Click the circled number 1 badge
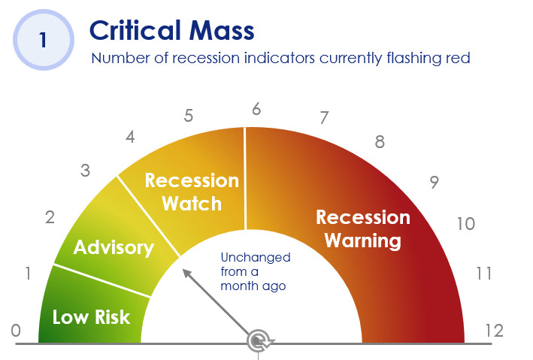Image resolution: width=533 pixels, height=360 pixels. [x=44, y=40]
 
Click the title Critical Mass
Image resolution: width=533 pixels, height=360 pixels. [x=171, y=30]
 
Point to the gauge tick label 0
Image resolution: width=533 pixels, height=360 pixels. [x=16, y=331]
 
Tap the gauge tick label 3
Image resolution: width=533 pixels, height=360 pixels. [x=85, y=171]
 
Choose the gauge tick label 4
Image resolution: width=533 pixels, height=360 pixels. [x=130, y=137]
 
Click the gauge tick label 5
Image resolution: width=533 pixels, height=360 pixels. [x=189, y=116]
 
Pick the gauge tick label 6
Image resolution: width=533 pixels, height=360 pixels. [x=256, y=109]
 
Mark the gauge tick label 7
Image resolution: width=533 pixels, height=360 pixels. [x=324, y=118]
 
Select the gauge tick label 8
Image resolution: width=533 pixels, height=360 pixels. [x=380, y=142]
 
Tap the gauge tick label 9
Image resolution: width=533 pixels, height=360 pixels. [x=434, y=182]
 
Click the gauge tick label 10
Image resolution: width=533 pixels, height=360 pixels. [x=465, y=224]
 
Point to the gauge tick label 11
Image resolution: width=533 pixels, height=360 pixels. [x=483, y=274]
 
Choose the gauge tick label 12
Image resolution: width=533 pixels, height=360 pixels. [x=494, y=331]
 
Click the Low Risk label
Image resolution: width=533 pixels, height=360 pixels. [x=92, y=317]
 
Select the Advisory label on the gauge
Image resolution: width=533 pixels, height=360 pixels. [x=114, y=247]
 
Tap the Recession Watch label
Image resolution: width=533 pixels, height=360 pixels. [x=192, y=192]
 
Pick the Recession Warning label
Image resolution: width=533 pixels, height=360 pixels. [x=363, y=228]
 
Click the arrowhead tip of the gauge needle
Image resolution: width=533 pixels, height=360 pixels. [x=183, y=269]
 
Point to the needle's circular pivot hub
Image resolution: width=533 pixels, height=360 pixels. [x=258, y=341]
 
